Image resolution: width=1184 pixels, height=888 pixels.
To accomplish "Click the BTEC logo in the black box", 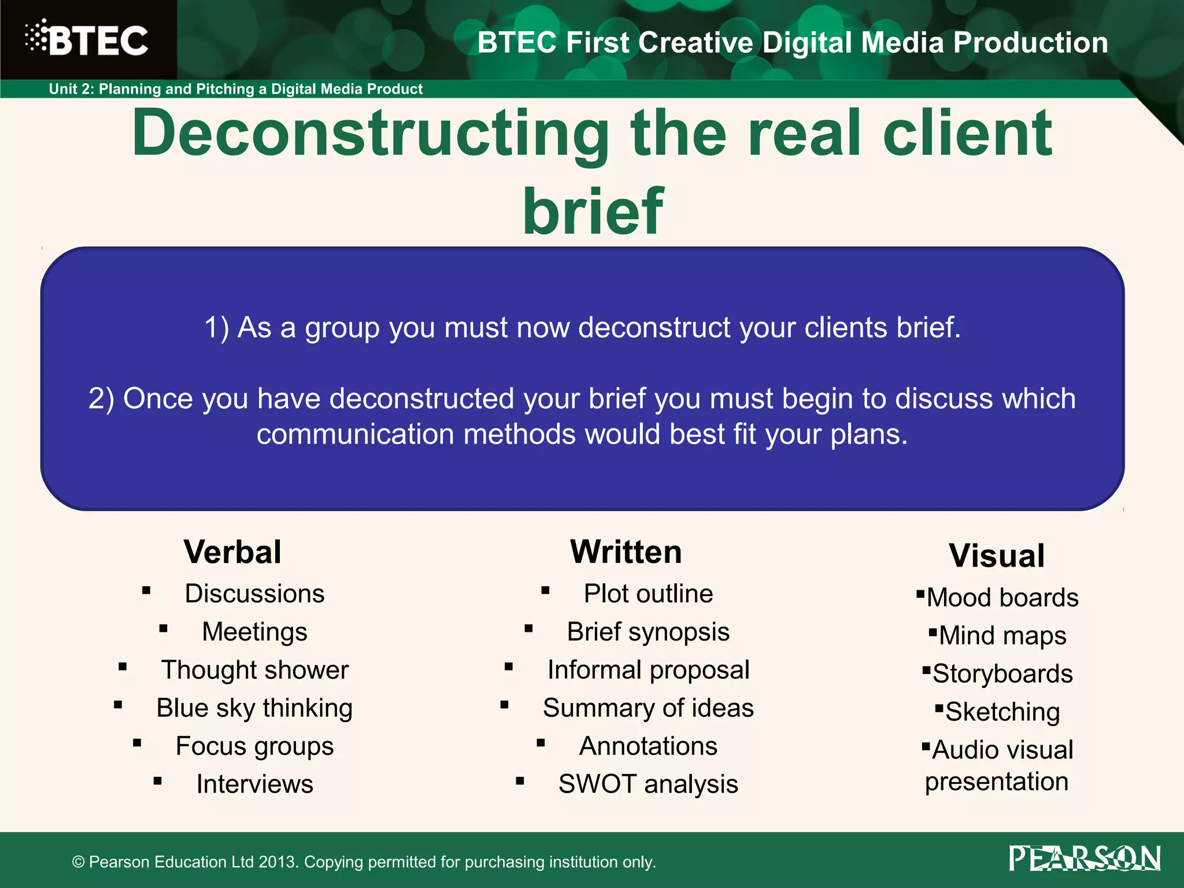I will coord(87,39).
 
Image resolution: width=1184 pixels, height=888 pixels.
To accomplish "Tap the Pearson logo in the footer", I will coord(1085,859).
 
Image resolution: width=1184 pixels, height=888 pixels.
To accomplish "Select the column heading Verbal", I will coord(232,552).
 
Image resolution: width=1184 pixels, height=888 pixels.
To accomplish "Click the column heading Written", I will coord(626,552).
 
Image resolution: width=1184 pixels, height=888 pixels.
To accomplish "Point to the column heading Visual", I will coord(997,556).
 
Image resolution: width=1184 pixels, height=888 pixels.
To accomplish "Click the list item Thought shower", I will coord(255,670).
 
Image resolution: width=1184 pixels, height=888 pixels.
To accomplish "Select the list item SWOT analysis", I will coord(648,785).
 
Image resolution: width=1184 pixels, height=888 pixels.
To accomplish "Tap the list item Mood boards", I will coord(1002,598).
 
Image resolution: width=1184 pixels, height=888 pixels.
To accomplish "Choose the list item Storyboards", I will coord(1002,674).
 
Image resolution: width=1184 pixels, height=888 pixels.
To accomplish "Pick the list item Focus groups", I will coord(255,746).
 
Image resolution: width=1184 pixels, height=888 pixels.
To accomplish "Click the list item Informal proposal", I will coord(648,670).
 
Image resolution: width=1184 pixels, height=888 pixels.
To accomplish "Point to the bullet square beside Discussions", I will coord(146,591).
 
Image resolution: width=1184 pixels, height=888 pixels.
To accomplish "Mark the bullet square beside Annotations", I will coord(541,743).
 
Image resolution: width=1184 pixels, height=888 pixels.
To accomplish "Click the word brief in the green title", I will coord(593,212).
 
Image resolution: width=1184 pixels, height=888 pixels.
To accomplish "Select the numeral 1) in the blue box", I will coord(217,328).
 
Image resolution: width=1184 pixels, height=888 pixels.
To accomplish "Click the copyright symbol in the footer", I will coord(78,863).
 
